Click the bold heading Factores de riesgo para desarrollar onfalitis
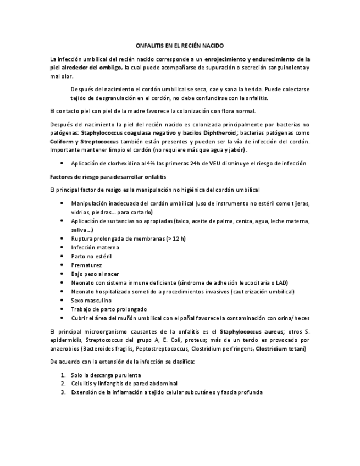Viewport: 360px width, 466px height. pyautogui.click(x=108, y=176)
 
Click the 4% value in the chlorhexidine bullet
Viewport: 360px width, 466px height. pyautogui.click(x=150, y=164)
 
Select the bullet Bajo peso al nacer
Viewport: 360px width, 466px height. pyautogui.click(x=95, y=274)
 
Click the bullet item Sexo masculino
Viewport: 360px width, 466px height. pyautogui.click(x=91, y=301)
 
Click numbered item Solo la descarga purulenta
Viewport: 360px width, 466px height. pyautogui.click(x=109, y=375)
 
